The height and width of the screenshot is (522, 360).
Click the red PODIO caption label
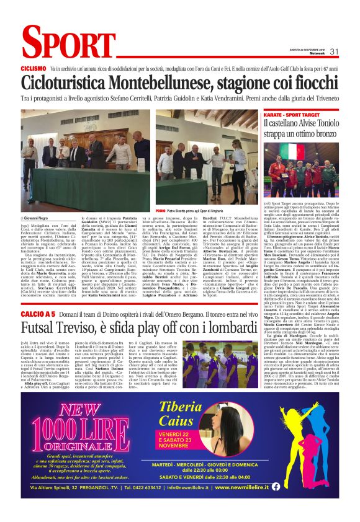(160, 211)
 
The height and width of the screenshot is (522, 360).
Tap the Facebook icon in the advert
(328, 487)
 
